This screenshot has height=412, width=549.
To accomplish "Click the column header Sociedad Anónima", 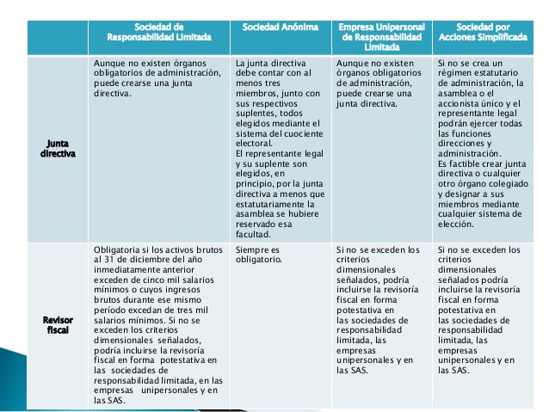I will pyautogui.click(x=281, y=28).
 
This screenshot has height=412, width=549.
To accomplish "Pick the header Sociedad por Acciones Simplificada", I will pyautogui.click(x=483, y=34).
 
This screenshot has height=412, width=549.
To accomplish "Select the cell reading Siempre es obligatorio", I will pyautogui.click(x=258, y=255).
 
